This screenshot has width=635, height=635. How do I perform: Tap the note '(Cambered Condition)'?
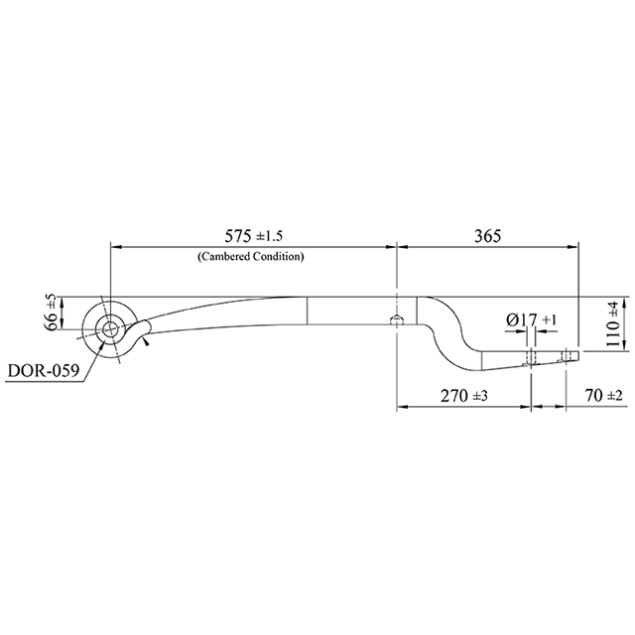click(x=250, y=256)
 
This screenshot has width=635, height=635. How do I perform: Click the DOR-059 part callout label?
click(x=42, y=371)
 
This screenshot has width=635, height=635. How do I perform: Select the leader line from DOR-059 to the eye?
click(x=87, y=355)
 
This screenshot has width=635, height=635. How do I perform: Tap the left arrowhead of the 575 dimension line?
click(x=113, y=246)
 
